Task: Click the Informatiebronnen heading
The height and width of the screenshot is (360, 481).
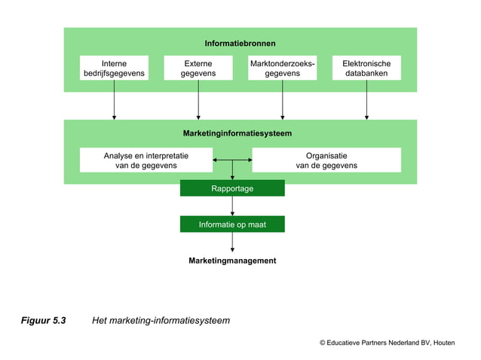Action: click(x=240, y=43)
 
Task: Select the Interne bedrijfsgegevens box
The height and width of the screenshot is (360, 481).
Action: click(x=114, y=69)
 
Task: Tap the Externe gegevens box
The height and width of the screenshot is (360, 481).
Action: click(x=198, y=69)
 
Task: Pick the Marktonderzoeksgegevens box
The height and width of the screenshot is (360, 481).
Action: click(x=282, y=69)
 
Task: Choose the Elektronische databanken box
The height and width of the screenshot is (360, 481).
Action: click(x=366, y=69)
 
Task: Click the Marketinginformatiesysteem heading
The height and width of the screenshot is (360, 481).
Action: click(x=237, y=133)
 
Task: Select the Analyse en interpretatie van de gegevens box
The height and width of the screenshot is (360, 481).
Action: click(x=146, y=160)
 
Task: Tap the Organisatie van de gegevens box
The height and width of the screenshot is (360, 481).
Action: click(x=326, y=160)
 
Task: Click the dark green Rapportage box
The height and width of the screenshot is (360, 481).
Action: click(x=232, y=188)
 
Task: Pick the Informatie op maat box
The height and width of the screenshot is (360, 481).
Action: click(x=232, y=224)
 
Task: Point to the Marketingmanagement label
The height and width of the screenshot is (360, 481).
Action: click(x=232, y=261)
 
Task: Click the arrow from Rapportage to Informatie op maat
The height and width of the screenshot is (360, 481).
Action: click(x=232, y=206)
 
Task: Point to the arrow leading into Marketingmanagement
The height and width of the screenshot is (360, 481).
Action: click(x=232, y=243)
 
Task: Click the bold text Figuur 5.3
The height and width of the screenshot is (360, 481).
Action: click(x=43, y=321)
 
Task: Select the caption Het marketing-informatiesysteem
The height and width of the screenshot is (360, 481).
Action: click(x=161, y=321)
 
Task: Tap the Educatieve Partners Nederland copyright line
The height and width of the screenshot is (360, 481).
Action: click(x=387, y=343)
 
